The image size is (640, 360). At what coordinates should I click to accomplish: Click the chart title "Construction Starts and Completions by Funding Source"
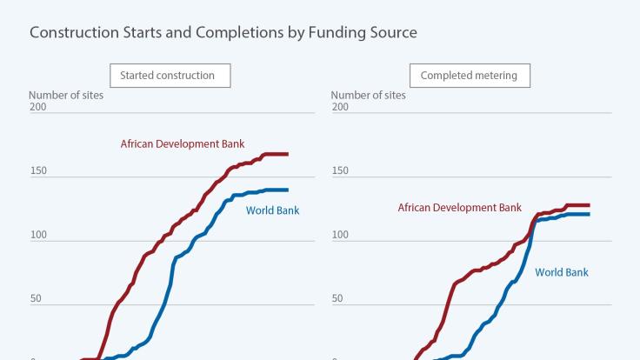pyautogui.click(x=223, y=33)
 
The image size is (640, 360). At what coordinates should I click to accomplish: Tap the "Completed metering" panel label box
pyautogui.click(x=469, y=76)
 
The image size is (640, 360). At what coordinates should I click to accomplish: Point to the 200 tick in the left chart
pyautogui.click(x=37, y=107)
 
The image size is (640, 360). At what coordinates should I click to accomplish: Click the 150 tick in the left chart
pyautogui.click(x=37, y=170)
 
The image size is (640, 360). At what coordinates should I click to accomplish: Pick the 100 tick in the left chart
pyautogui.click(x=37, y=235)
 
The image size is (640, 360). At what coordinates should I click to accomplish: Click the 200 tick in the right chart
pyautogui.click(x=340, y=107)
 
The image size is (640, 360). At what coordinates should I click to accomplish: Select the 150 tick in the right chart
pyautogui.click(x=340, y=170)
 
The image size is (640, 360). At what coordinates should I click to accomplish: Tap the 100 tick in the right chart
pyautogui.click(x=340, y=235)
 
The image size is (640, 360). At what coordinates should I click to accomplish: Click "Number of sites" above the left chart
pyautogui.click(x=66, y=95)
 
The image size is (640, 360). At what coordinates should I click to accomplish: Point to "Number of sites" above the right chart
pyautogui.click(x=369, y=95)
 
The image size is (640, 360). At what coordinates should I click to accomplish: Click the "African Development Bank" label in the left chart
pyautogui.click(x=183, y=143)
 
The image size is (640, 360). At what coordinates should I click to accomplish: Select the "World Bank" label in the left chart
pyautogui.click(x=272, y=210)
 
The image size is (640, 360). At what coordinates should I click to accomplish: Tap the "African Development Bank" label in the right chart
pyautogui.click(x=460, y=208)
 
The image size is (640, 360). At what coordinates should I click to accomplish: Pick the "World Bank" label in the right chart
pyautogui.click(x=562, y=272)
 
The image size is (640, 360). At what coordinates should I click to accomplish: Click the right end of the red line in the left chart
pyautogui.click(x=288, y=154)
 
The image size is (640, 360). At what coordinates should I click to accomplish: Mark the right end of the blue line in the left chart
pyautogui.click(x=288, y=190)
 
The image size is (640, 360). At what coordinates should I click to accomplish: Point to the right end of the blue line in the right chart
pyautogui.click(x=590, y=214)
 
